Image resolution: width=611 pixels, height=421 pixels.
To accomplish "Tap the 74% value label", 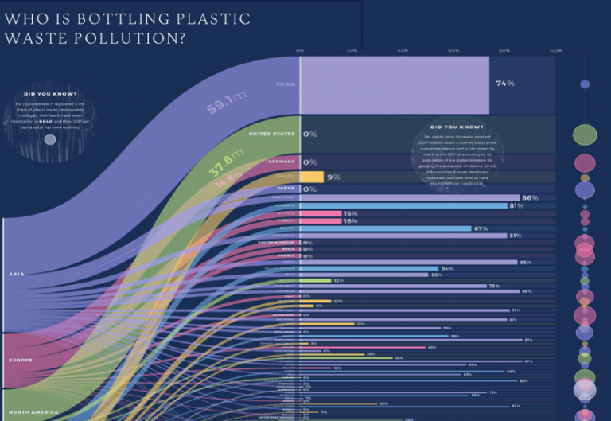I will (x=505, y=83).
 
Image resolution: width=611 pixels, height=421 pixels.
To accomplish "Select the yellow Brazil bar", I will (x=312, y=177).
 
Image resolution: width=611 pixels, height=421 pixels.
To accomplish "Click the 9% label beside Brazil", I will (x=333, y=177).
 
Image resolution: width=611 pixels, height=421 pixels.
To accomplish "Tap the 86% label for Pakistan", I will (x=530, y=197).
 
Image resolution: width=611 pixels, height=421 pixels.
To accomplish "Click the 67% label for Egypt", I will (x=481, y=228).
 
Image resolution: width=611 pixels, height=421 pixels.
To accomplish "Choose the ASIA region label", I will (x=17, y=275).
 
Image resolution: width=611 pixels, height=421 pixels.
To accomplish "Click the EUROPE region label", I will (x=21, y=360).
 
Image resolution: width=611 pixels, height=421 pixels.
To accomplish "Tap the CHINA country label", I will (x=285, y=83).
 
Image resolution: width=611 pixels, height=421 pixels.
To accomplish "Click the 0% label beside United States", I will (x=310, y=134).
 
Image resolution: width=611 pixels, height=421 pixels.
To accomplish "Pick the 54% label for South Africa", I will (x=447, y=268).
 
